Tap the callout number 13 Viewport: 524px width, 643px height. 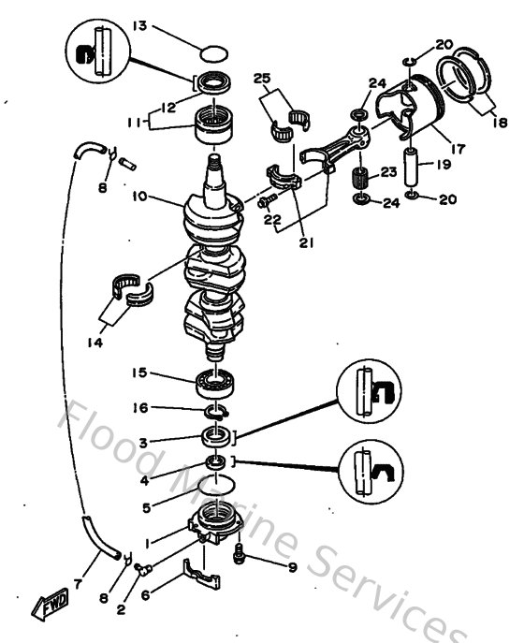[x=140, y=26]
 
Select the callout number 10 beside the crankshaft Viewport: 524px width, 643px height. [x=140, y=198]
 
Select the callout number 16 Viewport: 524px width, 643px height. [x=140, y=407]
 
